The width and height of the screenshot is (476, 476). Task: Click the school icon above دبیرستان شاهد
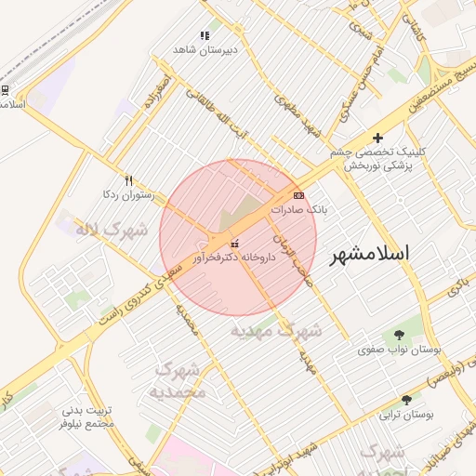point(205,35)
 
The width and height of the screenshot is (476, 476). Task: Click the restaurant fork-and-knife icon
point(128,180)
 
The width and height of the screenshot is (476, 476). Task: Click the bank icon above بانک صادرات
point(297,195)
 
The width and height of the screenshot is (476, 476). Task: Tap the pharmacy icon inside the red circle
point(233,243)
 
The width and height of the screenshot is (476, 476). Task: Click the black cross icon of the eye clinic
point(377,138)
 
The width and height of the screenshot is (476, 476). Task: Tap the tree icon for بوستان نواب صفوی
point(399,335)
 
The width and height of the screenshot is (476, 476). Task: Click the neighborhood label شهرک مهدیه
point(276,330)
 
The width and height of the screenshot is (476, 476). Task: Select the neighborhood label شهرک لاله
point(112,229)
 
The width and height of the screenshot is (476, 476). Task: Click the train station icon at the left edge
point(5,90)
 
